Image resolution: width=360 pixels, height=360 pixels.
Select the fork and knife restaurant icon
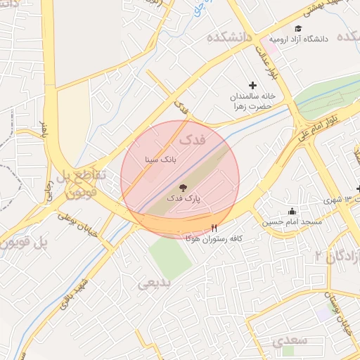[x=214, y=228]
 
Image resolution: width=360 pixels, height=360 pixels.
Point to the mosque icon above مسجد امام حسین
[x=292, y=212]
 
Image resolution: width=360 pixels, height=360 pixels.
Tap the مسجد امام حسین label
[x=292, y=222]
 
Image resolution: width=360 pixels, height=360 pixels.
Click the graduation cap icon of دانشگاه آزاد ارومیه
[x=298, y=29]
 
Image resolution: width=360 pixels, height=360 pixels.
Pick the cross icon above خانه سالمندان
[x=253, y=84]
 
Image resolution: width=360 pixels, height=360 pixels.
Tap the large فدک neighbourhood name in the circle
[x=194, y=139]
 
